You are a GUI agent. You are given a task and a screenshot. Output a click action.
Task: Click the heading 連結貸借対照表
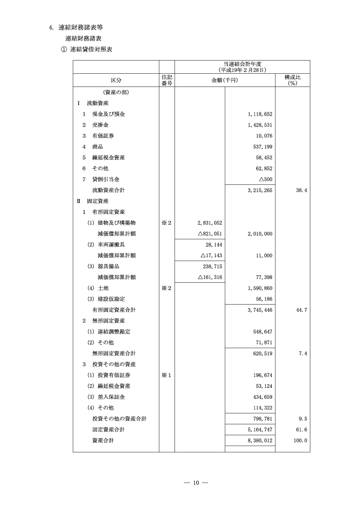91,50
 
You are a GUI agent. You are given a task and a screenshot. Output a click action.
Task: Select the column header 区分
116,80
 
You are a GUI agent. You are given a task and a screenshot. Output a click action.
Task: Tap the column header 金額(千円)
225,80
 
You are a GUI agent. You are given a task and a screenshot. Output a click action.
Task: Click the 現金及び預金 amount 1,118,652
258,114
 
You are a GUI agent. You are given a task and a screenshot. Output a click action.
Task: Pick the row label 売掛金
100,125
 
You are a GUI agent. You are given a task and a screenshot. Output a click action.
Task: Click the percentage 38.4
300,190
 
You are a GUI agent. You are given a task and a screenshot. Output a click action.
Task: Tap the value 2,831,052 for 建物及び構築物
208,223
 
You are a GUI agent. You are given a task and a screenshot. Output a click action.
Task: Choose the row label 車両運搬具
108,245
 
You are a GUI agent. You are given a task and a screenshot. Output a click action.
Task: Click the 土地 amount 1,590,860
258,289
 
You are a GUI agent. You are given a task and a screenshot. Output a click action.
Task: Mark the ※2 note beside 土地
166,289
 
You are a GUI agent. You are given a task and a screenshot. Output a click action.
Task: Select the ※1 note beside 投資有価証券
166,375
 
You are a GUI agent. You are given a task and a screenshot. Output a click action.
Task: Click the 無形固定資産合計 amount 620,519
261,353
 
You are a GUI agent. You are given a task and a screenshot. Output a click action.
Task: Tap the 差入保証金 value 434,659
261,397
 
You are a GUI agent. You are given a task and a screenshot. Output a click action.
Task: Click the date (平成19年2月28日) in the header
242,70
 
